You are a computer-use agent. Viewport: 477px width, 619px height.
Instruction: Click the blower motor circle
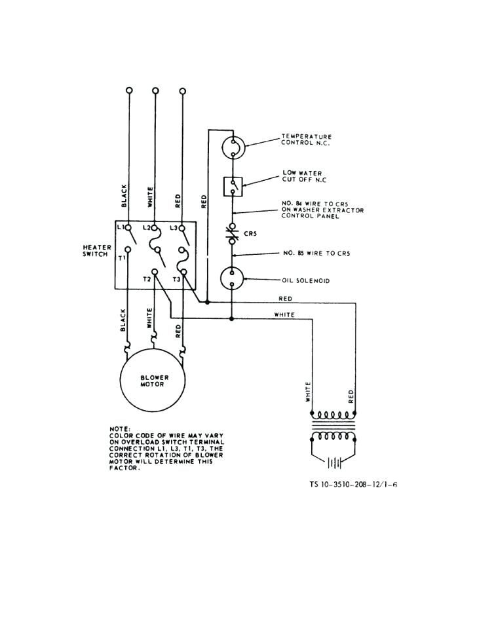[x=153, y=381]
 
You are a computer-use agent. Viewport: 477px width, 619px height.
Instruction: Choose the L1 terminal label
[x=121, y=227]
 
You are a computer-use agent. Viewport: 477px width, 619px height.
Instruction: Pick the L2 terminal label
[x=147, y=227]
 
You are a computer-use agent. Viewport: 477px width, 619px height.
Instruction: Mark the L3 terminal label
[x=174, y=227]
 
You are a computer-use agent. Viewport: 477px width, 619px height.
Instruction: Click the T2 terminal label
[x=147, y=279]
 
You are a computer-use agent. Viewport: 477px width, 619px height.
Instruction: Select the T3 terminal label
[x=176, y=279]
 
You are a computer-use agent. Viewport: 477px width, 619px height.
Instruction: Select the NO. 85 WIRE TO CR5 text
[x=316, y=253]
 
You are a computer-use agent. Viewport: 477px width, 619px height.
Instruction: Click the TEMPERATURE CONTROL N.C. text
[x=307, y=139]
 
